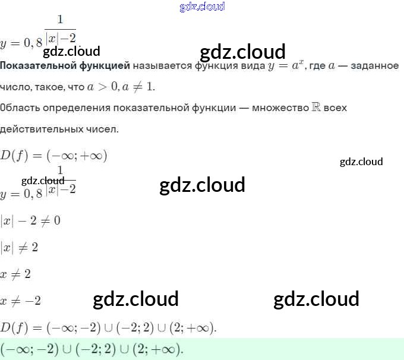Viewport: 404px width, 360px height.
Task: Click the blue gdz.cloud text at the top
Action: pos(202,7)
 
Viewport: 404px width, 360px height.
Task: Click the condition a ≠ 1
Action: pos(138,87)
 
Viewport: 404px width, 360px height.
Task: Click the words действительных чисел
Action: pos(59,129)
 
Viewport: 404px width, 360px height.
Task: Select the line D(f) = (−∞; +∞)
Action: pos(53,156)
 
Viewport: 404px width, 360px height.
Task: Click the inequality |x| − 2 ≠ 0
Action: pos(30,221)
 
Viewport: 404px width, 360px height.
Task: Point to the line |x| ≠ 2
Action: pos(19,247)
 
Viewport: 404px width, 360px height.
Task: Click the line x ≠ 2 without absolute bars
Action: pos(15,274)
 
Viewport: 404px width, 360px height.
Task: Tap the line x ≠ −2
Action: pos(21,301)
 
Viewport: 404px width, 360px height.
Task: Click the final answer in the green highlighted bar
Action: pos(92,349)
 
